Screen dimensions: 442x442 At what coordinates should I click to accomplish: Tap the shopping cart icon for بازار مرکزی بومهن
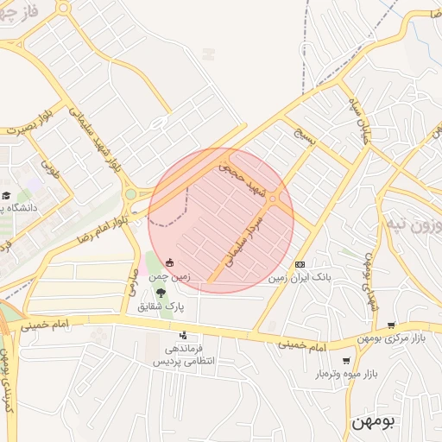[392, 325]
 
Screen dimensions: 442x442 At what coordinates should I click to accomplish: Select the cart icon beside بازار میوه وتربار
[347, 361]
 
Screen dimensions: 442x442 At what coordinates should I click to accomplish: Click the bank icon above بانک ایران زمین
[300, 264]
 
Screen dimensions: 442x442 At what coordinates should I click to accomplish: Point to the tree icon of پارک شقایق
[161, 294]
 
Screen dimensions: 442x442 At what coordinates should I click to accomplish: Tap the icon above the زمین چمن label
[170, 263]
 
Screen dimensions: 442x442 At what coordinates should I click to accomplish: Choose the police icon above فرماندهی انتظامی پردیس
[182, 335]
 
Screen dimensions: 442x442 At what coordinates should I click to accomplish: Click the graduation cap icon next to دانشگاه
[6, 197]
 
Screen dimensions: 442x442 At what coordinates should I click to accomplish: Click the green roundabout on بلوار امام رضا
[130, 195]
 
